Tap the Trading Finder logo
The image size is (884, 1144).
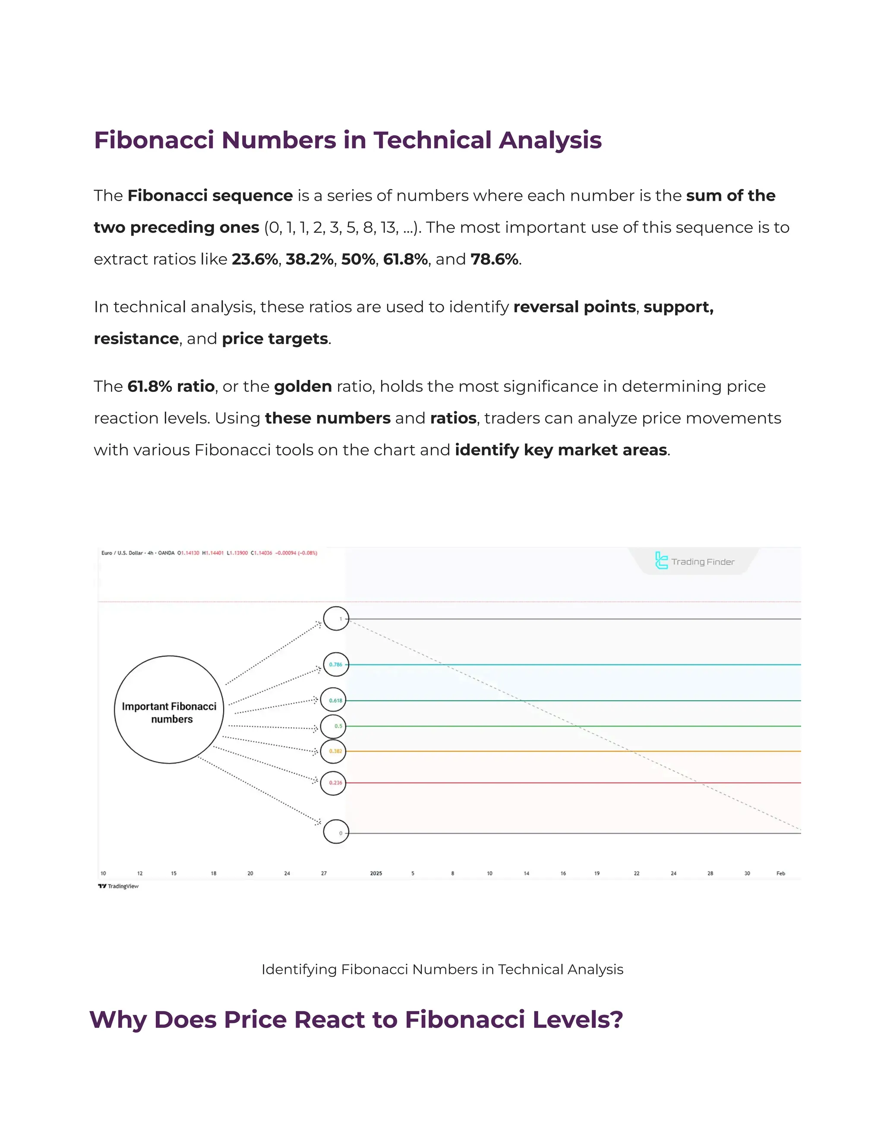(x=695, y=561)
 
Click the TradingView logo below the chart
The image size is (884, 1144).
(x=118, y=886)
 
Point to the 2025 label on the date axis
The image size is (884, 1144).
(x=376, y=873)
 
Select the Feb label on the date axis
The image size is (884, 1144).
(x=780, y=873)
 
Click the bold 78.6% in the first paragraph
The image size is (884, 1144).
(x=494, y=259)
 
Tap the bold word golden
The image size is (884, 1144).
(x=303, y=386)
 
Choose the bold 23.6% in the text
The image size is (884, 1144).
(x=255, y=259)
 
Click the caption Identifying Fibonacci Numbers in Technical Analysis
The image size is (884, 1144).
(x=442, y=970)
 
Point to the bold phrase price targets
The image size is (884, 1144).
(x=275, y=339)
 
